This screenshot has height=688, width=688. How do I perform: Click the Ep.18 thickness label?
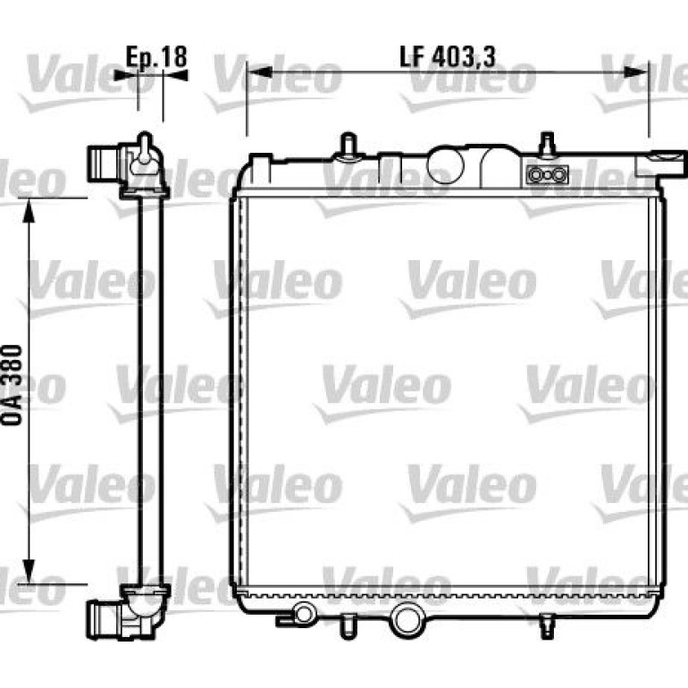coord(156,57)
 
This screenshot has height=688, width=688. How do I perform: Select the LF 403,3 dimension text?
coord(448,57)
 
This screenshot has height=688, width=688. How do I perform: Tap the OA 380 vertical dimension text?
coord(13,385)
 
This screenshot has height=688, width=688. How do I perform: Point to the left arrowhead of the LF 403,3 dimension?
coord(258,72)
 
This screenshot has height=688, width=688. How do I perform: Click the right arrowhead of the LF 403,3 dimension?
coord(637,72)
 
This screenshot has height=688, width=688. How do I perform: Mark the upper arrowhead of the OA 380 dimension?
coord(29,210)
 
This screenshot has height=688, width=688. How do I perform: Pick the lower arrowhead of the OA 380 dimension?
coord(29,572)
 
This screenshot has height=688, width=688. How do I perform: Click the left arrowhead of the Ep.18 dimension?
coord(125,75)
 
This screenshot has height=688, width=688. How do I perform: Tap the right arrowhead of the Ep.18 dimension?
coord(175,75)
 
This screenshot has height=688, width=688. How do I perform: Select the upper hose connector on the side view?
coord(103,164)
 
